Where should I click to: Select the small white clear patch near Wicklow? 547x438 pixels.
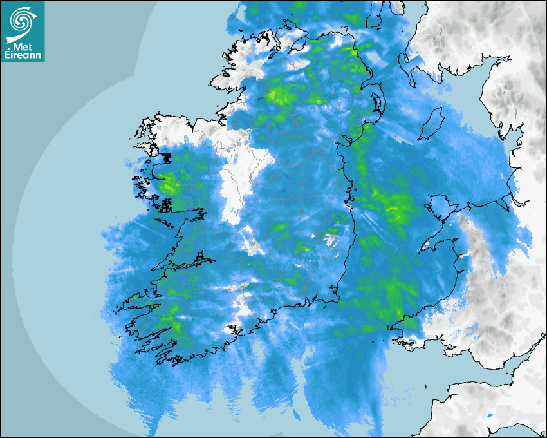(331, 240)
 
